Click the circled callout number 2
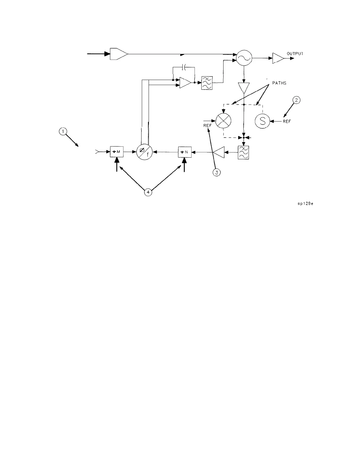point(296,100)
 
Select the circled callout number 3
point(217,173)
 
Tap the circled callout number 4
point(148,192)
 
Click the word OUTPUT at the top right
point(295,54)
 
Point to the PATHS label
point(279,83)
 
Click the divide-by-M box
point(117,152)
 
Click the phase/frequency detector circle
point(144,152)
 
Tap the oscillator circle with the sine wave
point(244,58)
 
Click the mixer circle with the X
point(223,121)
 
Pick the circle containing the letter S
point(262,121)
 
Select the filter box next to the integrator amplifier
point(207,83)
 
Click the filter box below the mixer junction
point(243,152)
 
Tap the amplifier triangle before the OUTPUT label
point(278,58)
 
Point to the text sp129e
point(305,204)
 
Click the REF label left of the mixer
point(207,125)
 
